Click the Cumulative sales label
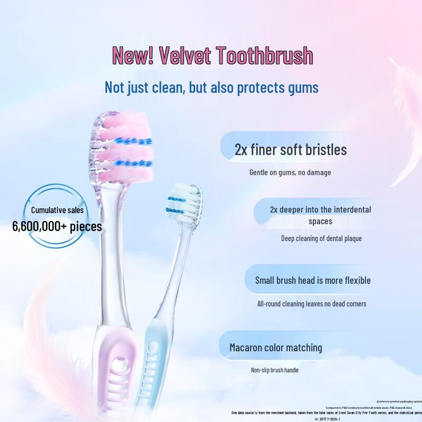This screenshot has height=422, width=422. (57, 210)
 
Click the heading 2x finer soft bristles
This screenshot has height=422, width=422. (291, 149)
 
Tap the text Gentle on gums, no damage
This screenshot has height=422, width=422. (290, 172)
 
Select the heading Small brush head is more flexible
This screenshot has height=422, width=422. (313, 280)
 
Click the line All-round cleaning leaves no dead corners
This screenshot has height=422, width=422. (311, 303)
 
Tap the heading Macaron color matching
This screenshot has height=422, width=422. (275, 348)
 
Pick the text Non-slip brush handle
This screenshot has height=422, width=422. (274, 370)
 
